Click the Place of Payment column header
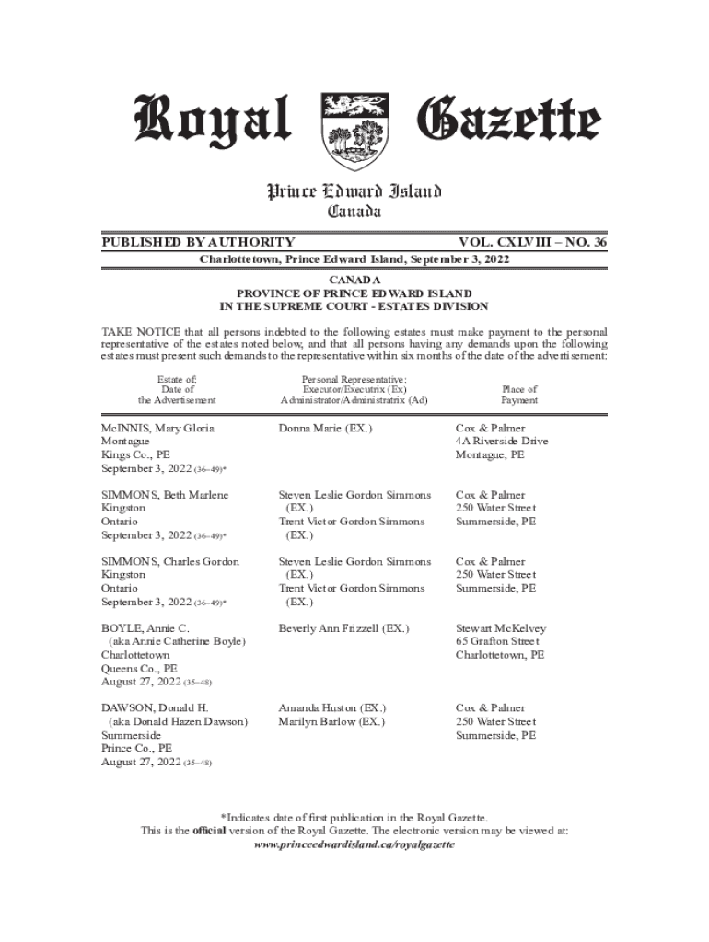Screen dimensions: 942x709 click(x=519, y=395)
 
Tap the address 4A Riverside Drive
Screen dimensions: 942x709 click(x=502, y=442)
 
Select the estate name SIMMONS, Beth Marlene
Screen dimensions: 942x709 click(x=165, y=495)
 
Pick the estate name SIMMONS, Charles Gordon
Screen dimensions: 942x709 click(x=170, y=561)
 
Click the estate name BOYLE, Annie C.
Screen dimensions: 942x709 click(x=145, y=627)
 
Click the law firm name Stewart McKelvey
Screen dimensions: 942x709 click(x=501, y=628)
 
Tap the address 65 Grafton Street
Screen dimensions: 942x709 click(x=497, y=641)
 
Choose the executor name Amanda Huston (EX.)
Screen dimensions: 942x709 click(x=331, y=708)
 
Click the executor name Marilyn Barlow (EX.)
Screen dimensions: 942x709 click(x=331, y=722)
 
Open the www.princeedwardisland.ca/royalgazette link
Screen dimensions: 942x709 click(x=354, y=844)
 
